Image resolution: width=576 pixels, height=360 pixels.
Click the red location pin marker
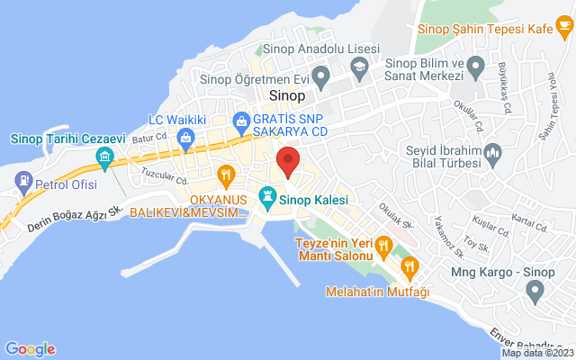click(288, 161)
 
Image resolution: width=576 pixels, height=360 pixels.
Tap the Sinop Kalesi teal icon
click(267, 195)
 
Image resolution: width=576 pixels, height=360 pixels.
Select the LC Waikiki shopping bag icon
click(184, 137)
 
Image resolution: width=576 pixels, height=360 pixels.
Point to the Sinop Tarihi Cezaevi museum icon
click(105, 160)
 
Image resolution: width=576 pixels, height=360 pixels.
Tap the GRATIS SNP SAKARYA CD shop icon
click(240, 120)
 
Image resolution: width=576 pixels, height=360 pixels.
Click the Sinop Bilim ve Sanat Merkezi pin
click(479, 65)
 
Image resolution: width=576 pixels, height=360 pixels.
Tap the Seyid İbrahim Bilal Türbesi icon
click(492, 157)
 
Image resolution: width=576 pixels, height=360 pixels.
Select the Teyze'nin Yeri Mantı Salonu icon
click(383, 243)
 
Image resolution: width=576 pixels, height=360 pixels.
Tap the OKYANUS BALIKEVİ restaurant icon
click(225, 173)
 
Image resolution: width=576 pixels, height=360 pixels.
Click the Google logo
click(30, 349)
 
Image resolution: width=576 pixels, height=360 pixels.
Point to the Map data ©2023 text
click(537, 353)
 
